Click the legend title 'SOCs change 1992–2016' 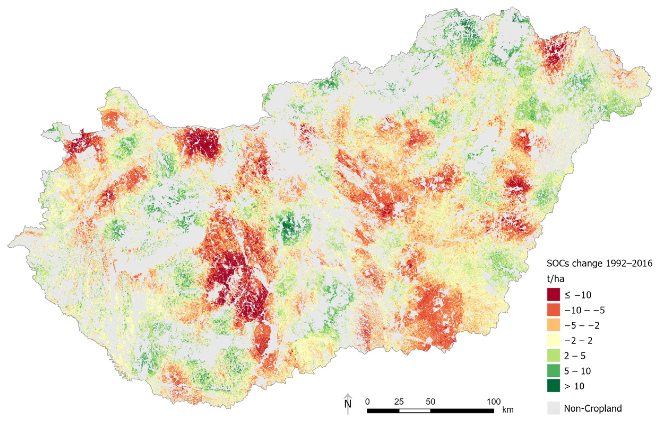tap(600, 264)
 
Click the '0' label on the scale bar tap(367, 402)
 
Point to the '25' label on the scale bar tap(399, 402)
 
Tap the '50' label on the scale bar tap(430, 402)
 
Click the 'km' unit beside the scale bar tap(508, 410)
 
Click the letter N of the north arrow tap(348, 404)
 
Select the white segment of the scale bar tap(414, 411)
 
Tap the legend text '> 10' tap(574, 386)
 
